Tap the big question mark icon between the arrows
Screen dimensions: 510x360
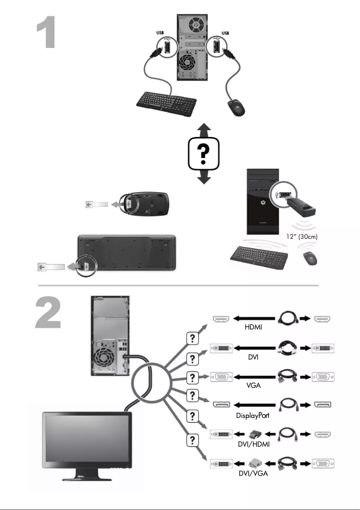tap(204, 154)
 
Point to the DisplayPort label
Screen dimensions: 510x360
tap(253, 415)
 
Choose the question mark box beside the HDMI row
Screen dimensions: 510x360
tap(192, 339)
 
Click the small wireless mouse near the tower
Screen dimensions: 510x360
tap(309, 258)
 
